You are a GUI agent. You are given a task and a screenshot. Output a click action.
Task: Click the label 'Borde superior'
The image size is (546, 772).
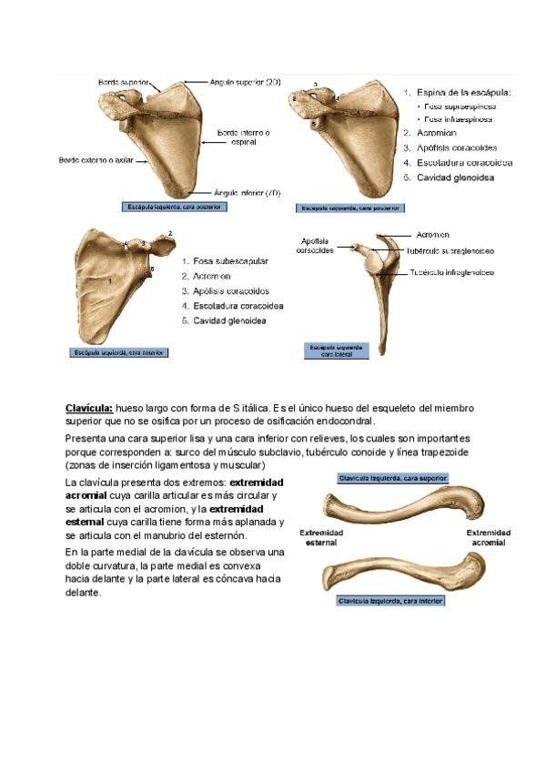(125, 82)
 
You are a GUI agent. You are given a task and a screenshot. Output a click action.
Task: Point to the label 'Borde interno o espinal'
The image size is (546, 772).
(242, 137)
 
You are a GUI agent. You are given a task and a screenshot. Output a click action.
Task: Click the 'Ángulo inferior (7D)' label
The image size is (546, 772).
(246, 193)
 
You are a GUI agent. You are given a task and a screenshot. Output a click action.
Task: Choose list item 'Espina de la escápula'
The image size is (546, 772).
(463, 92)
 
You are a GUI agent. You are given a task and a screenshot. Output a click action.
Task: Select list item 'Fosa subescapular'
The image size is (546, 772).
(230, 261)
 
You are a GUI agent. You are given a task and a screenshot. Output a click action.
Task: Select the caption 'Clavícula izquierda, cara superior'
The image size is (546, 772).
(392, 477)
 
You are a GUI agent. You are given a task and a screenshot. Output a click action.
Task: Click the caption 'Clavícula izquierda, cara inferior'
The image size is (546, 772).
(392, 601)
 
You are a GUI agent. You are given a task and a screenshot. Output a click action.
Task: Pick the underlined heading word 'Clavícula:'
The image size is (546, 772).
(89, 409)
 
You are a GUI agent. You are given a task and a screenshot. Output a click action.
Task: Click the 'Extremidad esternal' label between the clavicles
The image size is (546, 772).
(321, 537)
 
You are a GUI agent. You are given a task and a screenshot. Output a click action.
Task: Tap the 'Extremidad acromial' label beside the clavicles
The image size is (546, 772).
(488, 537)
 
